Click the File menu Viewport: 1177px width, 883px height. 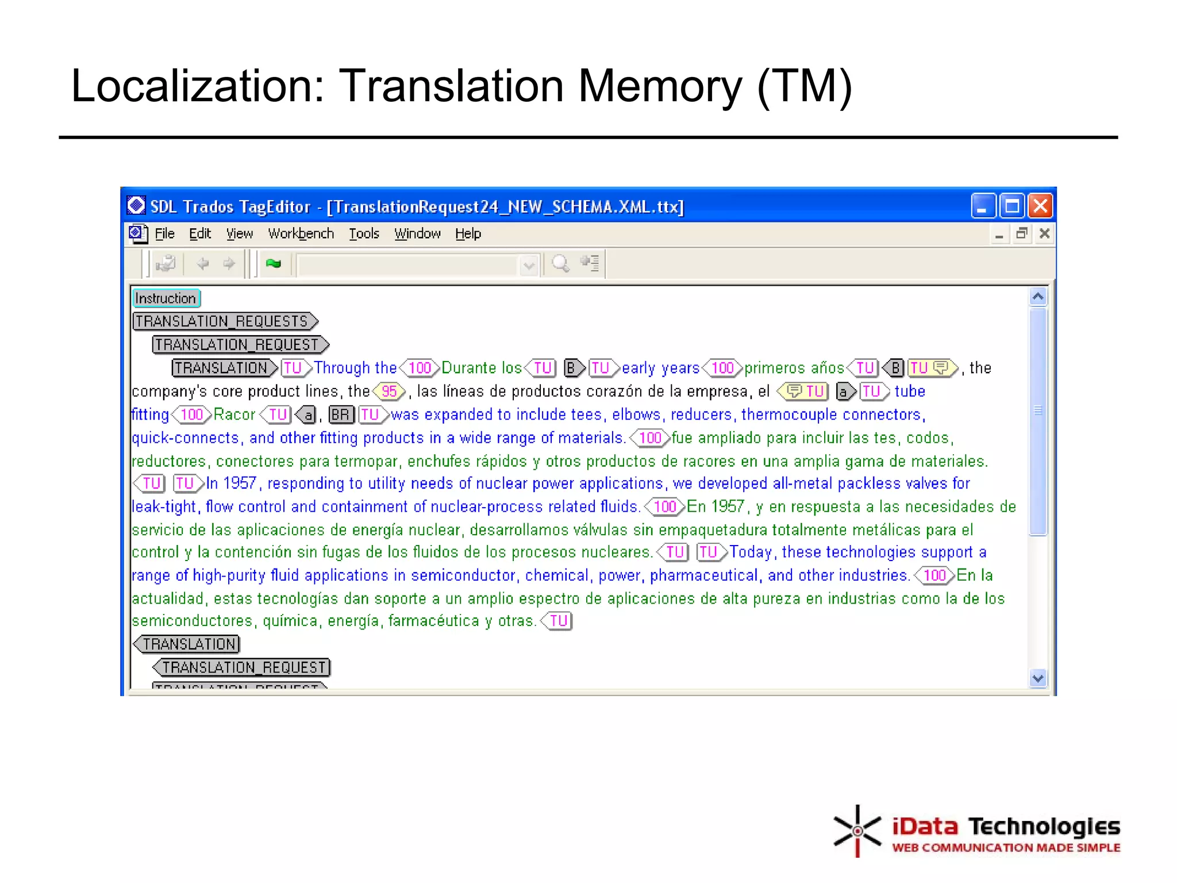164,234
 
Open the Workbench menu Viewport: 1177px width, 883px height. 301,234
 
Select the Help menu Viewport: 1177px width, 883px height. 468,234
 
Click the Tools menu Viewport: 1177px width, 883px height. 364,234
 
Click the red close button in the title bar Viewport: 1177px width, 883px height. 1040,206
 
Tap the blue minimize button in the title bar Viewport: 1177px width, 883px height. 983,206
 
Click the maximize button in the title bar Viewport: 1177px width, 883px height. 1011,206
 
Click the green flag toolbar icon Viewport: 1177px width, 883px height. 274,264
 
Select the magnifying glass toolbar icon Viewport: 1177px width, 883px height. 560,264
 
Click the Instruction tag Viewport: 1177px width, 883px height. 166,298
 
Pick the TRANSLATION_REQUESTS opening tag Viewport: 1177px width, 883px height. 225,321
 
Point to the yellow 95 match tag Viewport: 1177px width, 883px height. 389,391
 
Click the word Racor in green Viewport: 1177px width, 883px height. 234,414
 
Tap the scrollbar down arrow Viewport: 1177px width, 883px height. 1038,678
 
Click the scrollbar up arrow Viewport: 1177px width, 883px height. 1038,297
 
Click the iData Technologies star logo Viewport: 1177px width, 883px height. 857,831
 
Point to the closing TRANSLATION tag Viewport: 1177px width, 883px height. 187,644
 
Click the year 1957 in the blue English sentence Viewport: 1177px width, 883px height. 240,483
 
